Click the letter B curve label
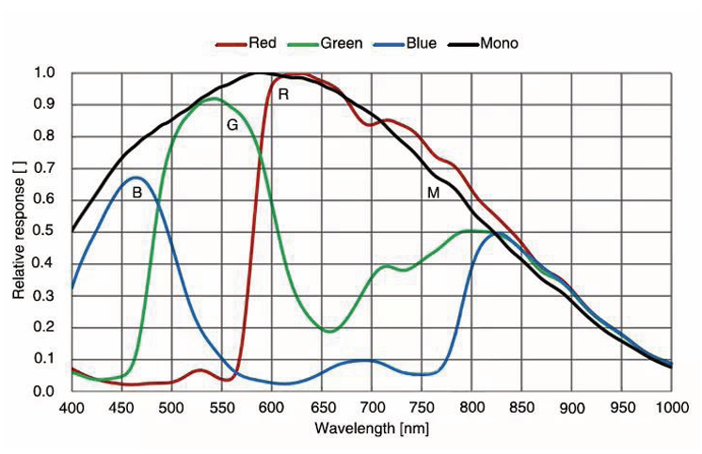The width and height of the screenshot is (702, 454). (x=136, y=193)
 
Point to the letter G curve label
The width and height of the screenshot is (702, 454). (x=231, y=125)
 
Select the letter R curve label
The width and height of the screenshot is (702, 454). (x=283, y=94)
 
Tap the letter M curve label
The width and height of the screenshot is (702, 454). (x=434, y=193)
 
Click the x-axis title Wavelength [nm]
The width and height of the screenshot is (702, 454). (x=373, y=428)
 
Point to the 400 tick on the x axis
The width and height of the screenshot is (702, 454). (x=72, y=407)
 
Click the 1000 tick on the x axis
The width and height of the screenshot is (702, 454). (x=670, y=407)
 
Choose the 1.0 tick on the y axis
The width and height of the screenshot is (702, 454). (x=43, y=72)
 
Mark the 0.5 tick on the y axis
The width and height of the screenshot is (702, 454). (x=43, y=231)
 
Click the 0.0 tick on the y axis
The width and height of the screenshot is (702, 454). (x=43, y=390)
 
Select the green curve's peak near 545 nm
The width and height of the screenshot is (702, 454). (x=215, y=99)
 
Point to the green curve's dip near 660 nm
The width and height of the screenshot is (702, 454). (x=329, y=331)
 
